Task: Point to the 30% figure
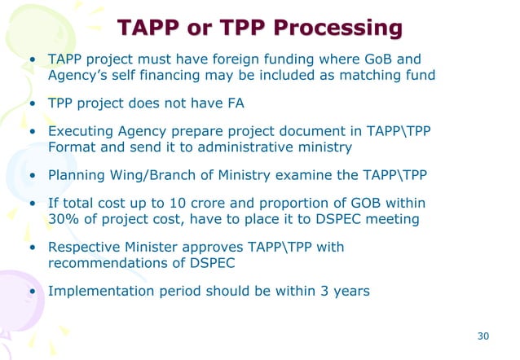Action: [x=64, y=218]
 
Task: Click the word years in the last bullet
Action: [x=349, y=291]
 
